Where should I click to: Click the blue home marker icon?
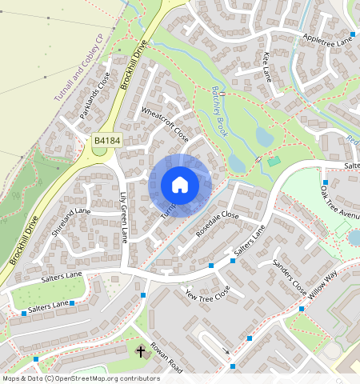[180, 185]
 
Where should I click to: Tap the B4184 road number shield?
[106, 141]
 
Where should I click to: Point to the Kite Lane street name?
[267, 67]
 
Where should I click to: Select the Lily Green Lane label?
[124, 217]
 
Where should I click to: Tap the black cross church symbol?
[142, 350]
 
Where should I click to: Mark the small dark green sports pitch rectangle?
[274, 161]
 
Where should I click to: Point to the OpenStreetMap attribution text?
[80, 378]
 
